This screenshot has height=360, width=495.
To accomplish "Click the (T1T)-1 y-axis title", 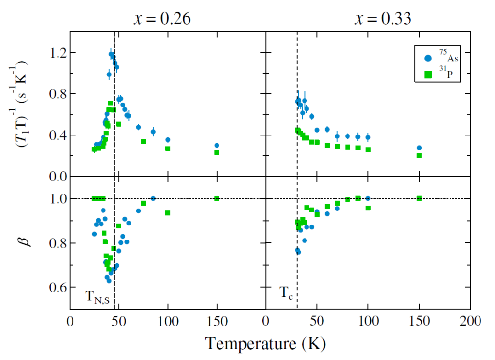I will click(x=23, y=104).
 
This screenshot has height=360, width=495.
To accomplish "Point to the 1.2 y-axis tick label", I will click(x=57, y=52).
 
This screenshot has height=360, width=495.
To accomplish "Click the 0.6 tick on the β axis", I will click(x=57, y=288).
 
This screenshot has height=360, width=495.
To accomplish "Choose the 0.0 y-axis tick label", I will click(x=57, y=176).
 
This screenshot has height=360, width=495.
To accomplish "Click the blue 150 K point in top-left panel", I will click(x=217, y=145).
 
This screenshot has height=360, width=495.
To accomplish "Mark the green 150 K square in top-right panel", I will click(x=419, y=155).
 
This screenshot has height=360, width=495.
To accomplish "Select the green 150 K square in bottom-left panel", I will click(x=217, y=198).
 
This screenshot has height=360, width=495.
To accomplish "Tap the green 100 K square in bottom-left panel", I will click(x=168, y=213).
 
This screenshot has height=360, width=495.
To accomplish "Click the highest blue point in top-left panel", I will click(x=111, y=54).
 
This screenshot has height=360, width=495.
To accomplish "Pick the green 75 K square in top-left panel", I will click(x=143, y=142).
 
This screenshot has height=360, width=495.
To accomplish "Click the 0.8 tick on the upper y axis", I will click(x=57, y=94).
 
